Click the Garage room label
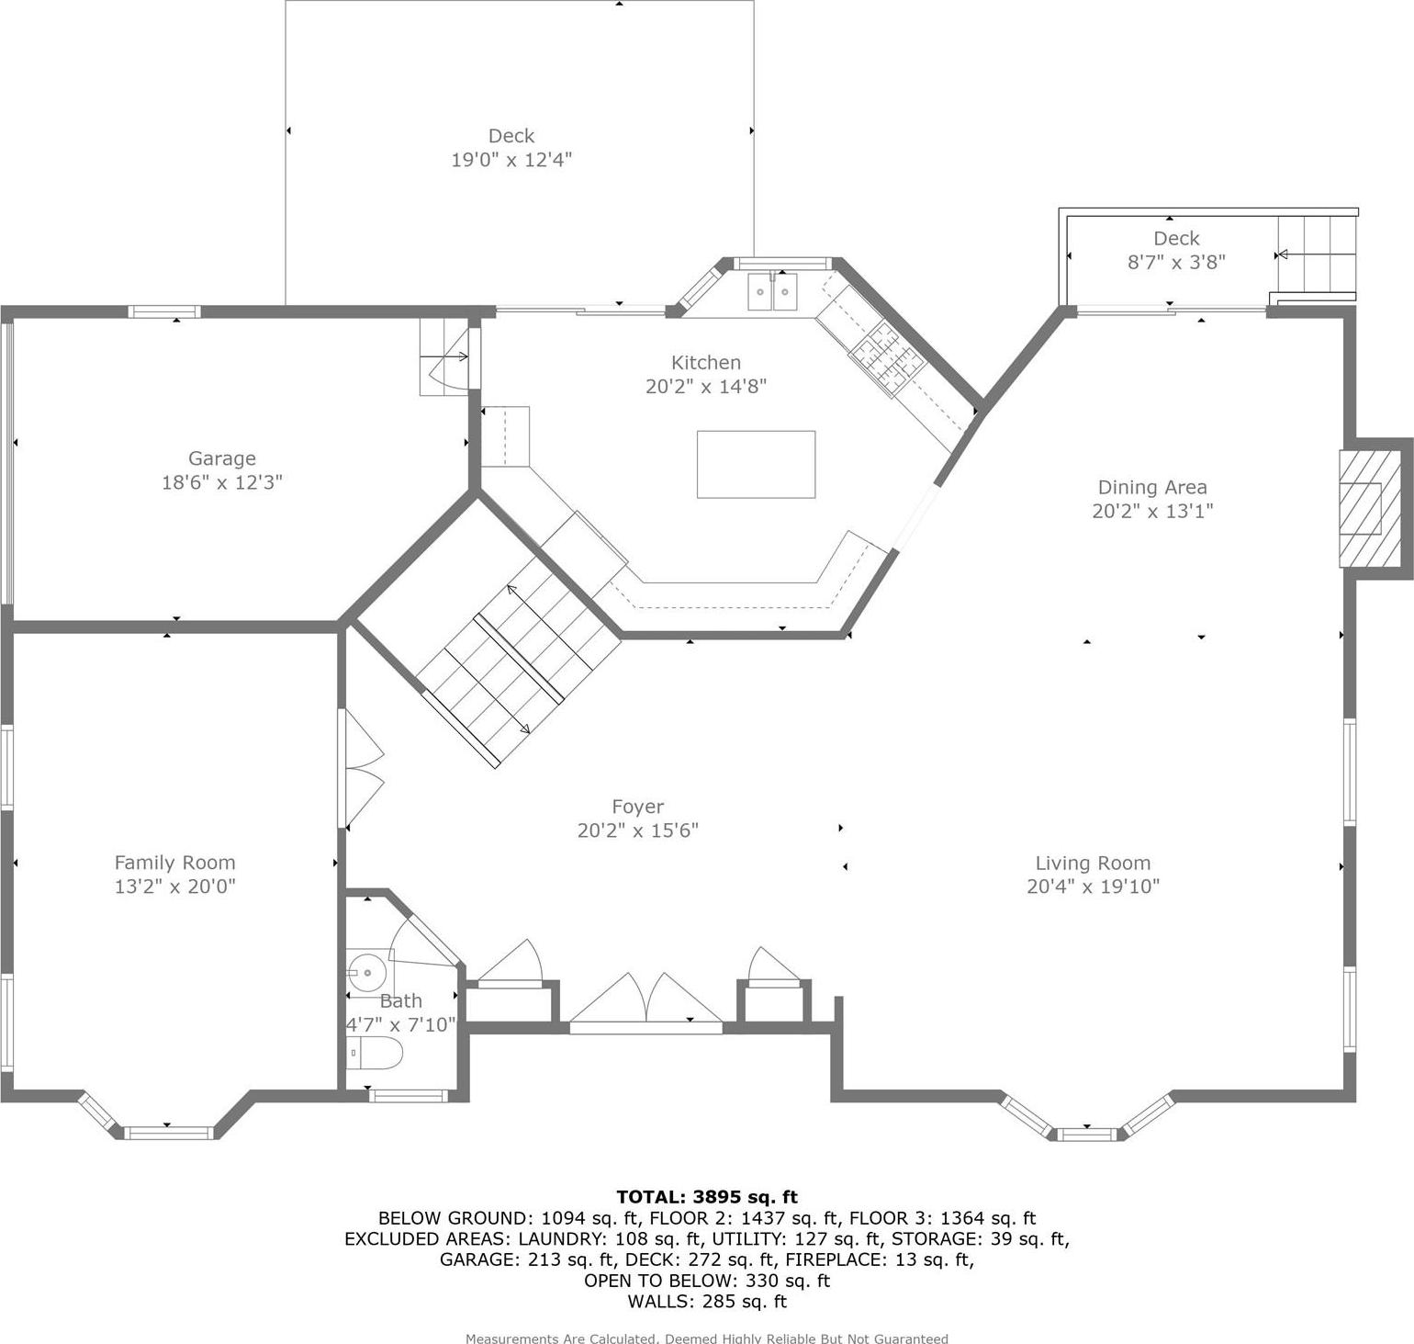(221, 458)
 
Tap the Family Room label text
(174, 863)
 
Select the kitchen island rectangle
(756, 464)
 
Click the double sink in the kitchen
(772, 292)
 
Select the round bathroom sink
(366, 971)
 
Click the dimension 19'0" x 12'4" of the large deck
(511, 160)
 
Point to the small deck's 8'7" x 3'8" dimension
(1176, 262)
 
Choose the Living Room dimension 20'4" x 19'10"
(1093, 887)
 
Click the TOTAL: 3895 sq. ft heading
(707, 1196)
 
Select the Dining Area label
(1152, 487)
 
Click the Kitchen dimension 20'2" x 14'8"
(705, 386)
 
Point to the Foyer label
(637, 807)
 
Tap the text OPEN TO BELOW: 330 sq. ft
(707, 1281)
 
